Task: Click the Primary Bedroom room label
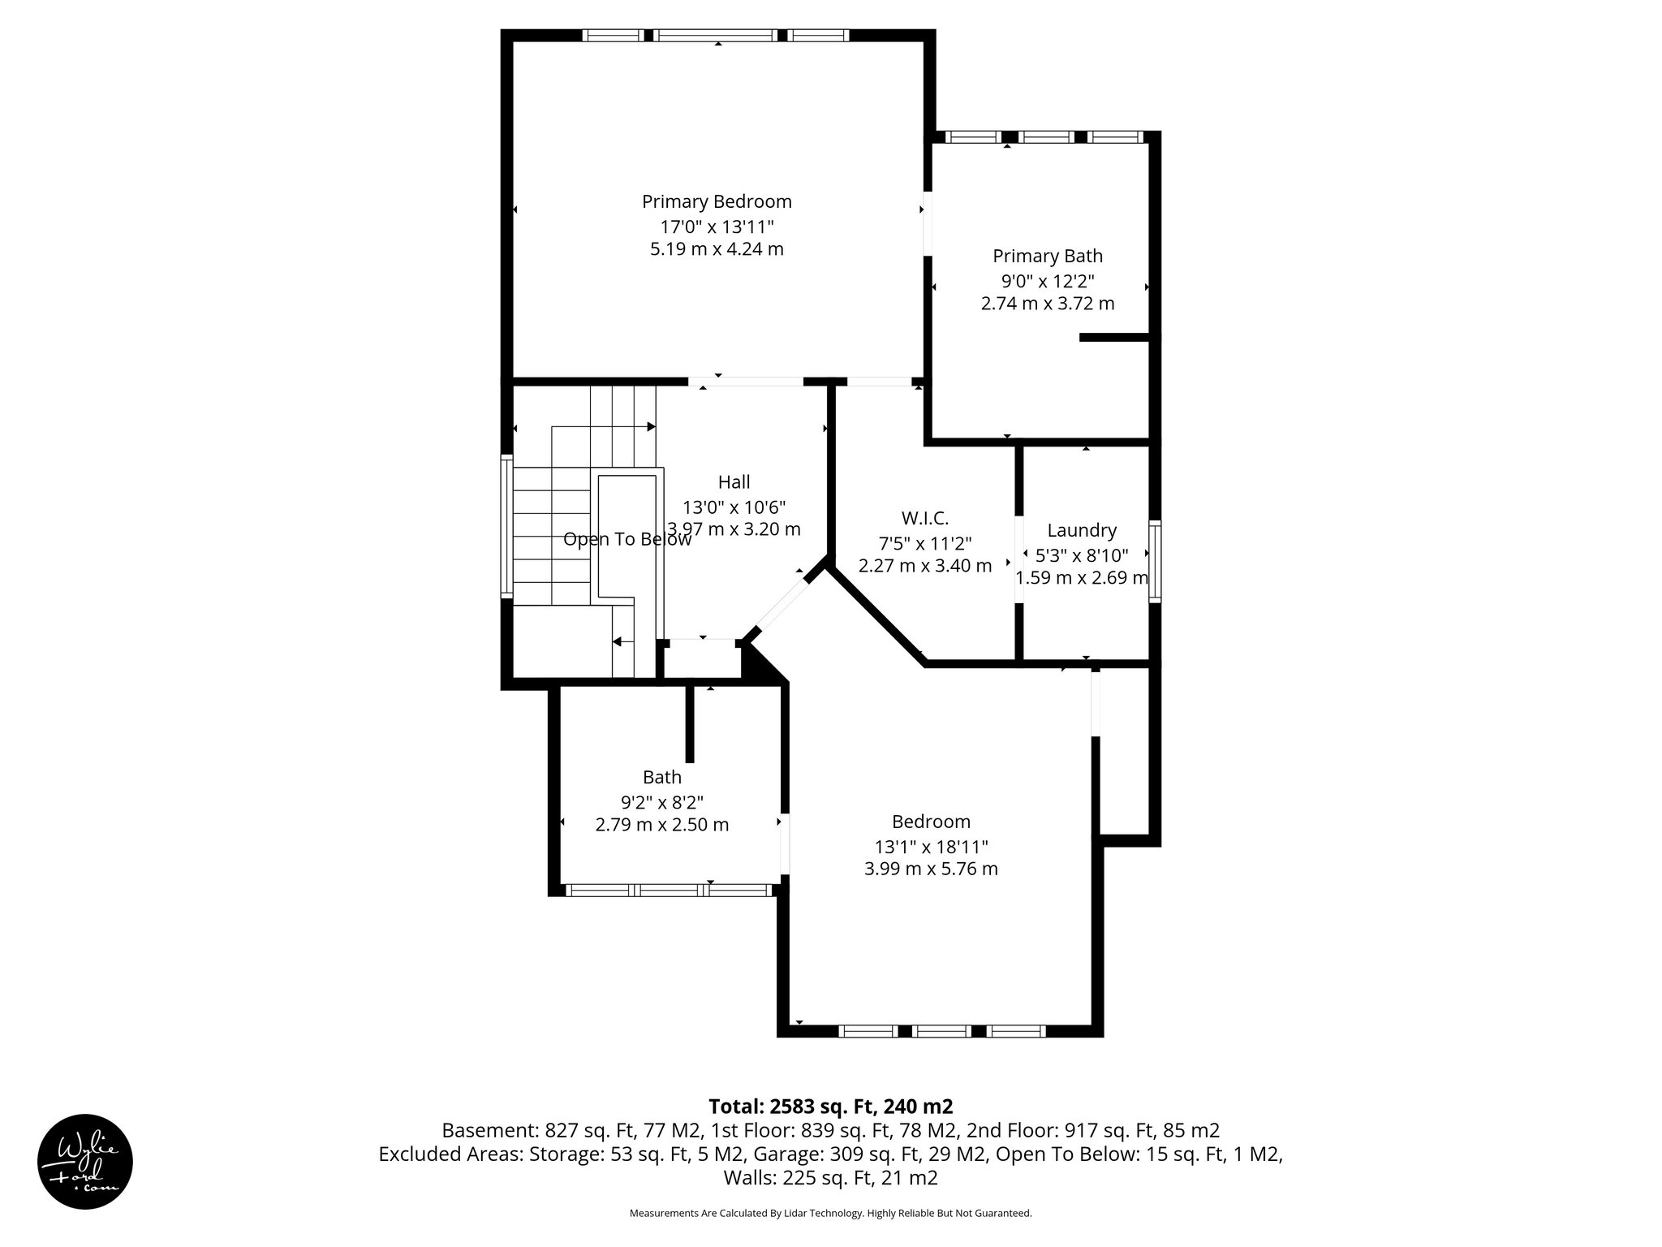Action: click(717, 201)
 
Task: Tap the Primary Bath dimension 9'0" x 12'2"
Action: click(1047, 281)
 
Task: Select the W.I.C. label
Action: click(924, 518)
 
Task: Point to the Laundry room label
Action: click(1081, 530)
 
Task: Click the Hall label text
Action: click(734, 482)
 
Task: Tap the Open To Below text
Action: click(626, 539)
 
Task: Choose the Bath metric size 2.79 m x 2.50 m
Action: click(661, 825)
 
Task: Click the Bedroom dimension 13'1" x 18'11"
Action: click(931, 847)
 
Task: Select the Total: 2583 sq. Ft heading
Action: click(830, 1106)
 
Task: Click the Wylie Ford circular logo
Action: click(85, 1161)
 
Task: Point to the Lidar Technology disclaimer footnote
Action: click(830, 1213)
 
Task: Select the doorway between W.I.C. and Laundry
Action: click(1019, 560)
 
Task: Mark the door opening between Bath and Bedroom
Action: click(784, 844)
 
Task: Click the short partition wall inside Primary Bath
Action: click(1114, 337)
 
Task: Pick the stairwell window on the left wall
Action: click(506, 527)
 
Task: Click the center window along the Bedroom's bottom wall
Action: click(941, 1031)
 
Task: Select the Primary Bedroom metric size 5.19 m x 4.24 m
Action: click(717, 249)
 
